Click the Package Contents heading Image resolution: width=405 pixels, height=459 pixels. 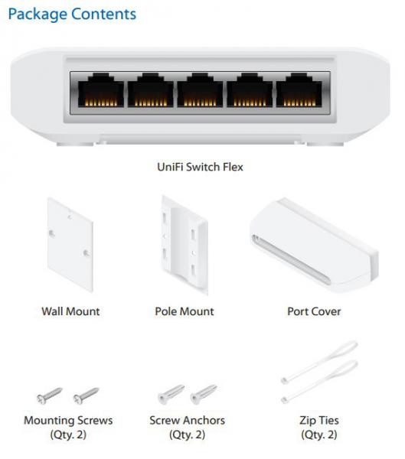coord(72,15)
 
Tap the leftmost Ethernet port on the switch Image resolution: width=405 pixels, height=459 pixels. coord(101,90)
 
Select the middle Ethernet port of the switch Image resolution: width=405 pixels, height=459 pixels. coord(200,90)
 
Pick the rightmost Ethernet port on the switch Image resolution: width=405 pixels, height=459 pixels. coord(299,90)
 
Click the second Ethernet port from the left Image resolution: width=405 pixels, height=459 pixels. coord(150,90)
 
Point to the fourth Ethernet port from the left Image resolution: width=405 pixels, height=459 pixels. coord(250,90)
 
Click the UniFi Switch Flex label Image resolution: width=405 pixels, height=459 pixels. coord(200,167)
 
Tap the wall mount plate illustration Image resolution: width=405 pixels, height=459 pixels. coord(70,245)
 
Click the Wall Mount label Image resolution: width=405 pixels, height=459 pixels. coord(70,311)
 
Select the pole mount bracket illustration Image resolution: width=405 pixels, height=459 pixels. coord(185,246)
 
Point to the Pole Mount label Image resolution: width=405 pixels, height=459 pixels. coord(185,311)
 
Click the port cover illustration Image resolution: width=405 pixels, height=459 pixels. coord(314,246)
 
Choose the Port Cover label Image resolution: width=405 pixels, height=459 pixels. coord(314,311)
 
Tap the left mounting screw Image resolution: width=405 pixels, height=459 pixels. coord(49,396)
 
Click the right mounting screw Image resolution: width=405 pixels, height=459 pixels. coord(86,396)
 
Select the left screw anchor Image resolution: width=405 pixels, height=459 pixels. coord(171,394)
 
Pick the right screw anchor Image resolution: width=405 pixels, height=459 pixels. coord(204,394)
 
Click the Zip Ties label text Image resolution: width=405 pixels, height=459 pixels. coord(319,420)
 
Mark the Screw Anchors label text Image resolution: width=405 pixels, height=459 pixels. coord(188,420)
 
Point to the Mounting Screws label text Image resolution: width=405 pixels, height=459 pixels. coord(68,420)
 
